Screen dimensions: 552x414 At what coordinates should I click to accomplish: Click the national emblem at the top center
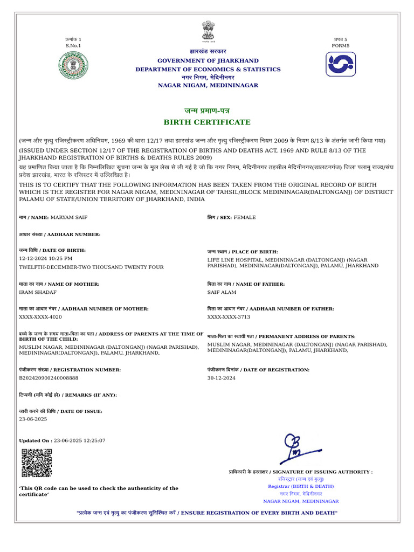pos(208,31)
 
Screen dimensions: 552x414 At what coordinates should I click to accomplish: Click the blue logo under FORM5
pos(341,64)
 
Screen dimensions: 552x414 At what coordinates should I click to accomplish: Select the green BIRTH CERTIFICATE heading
pos(208,122)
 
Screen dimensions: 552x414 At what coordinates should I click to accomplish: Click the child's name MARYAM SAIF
pos(68,217)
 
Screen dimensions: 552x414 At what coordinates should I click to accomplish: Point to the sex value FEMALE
pos(245,217)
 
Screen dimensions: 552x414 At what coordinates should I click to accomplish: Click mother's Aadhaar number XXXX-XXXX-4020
pos(40,317)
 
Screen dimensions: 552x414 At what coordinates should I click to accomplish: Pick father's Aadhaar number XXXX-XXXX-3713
pos(229,317)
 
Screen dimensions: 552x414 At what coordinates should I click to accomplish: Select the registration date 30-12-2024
pos(222,378)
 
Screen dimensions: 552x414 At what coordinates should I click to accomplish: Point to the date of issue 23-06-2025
pos(33,419)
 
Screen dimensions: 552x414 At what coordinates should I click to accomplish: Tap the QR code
pos(37,463)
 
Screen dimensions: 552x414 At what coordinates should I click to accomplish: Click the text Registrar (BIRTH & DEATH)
pos(301,486)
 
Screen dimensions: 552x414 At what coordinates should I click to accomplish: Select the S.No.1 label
pos(73,46)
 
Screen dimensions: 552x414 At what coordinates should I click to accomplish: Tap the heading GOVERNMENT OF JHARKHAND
pos(208,61)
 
